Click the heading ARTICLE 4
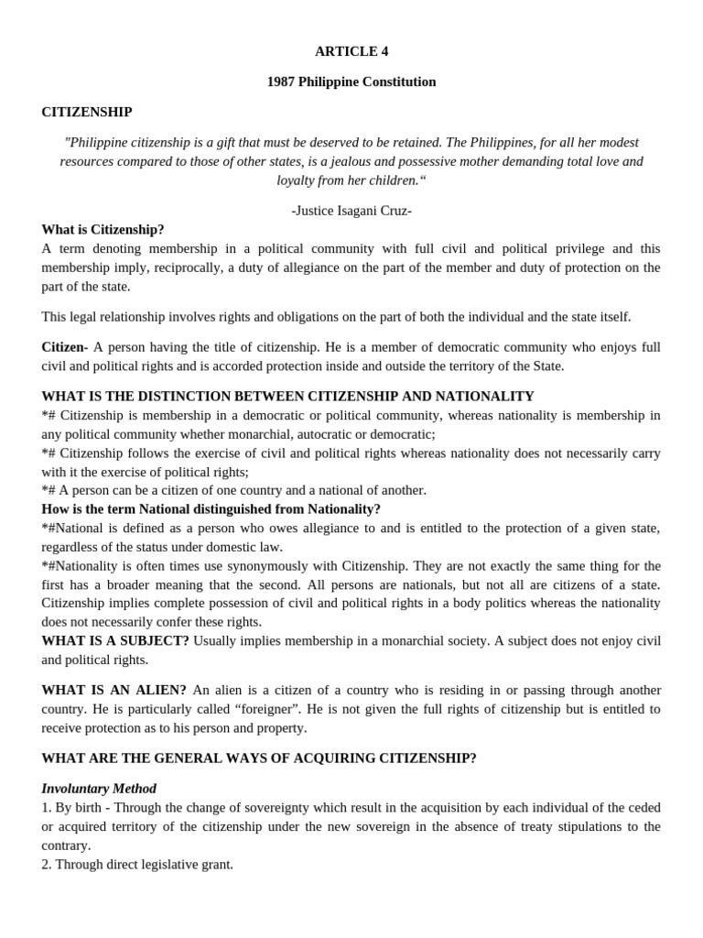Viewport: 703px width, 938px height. [351, 51]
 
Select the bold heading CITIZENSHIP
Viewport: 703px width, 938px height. [87, 112]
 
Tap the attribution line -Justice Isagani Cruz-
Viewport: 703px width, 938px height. [351, 211]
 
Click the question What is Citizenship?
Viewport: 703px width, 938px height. [103, 230]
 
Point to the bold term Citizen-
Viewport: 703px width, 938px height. [65, 347]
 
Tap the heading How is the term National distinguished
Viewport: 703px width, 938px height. [211, 509]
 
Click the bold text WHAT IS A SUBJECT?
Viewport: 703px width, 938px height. [115, 641]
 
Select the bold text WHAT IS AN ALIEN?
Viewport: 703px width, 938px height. [114, 690]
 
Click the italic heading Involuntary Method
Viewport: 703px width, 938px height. [99, 789]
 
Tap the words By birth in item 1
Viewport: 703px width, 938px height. [77, 808]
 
